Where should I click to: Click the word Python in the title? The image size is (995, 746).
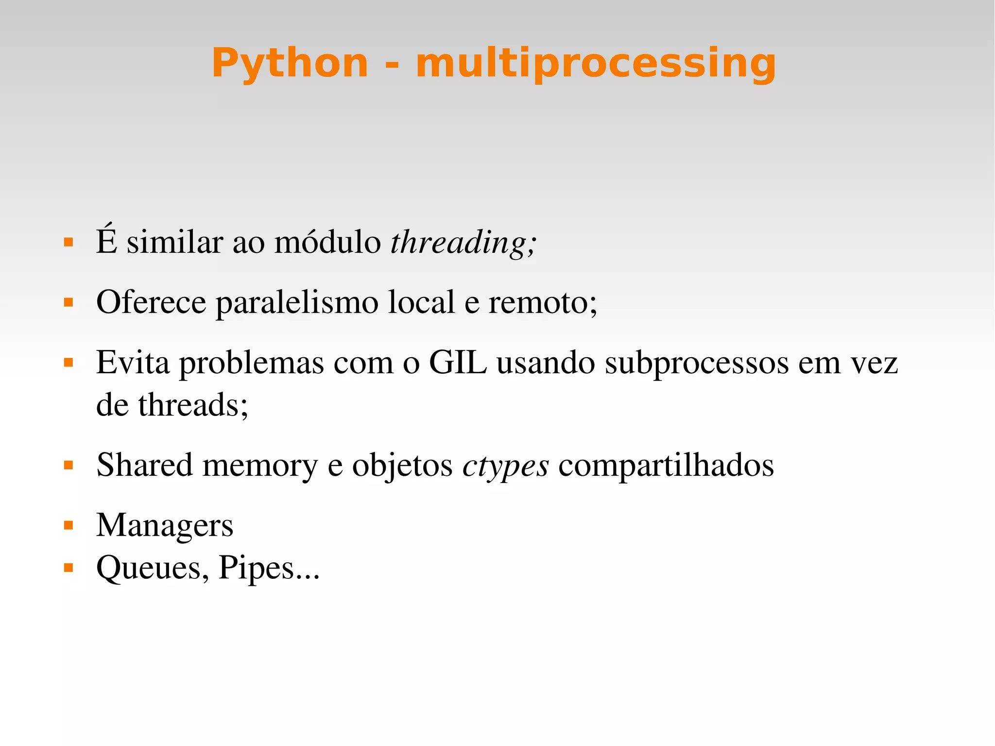(290, 63)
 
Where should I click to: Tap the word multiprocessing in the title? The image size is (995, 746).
(596, 63)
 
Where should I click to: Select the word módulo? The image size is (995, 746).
(327, 242)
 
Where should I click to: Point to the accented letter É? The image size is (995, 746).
(106, 240)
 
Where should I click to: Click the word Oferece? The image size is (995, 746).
(151, 302)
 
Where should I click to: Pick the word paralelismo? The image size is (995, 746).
(297, 303)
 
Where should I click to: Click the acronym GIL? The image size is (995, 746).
(458, 362)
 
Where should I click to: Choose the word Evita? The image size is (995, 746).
(133, 362)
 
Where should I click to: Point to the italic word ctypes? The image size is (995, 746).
(505, 466)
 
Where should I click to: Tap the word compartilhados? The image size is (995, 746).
(666, 466)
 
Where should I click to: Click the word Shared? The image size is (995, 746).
(144, 465)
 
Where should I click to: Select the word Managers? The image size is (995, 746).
(165, 526)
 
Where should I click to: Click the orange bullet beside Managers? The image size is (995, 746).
(69, 525)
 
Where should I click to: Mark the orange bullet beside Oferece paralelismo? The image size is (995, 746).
(69, 303)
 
